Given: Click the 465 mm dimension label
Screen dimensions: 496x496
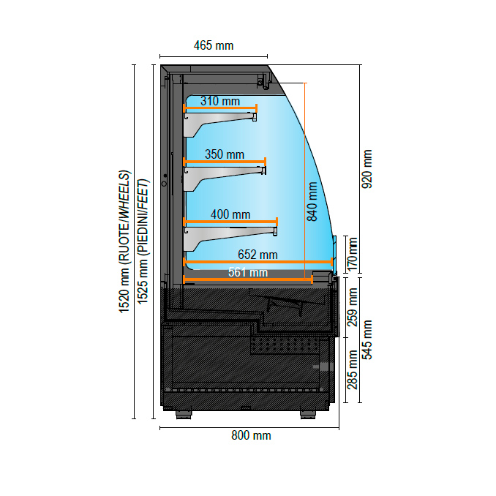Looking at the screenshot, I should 214,45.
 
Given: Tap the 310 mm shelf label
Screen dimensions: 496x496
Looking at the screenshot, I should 219,101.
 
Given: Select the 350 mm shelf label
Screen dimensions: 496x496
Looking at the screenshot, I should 224,154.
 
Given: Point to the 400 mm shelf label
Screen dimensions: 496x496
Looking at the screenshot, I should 230,214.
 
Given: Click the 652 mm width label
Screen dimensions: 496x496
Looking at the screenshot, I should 258,255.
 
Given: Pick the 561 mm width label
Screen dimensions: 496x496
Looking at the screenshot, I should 247,272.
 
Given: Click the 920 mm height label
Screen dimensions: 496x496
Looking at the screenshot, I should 367,169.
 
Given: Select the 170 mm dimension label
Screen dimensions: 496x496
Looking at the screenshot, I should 352,252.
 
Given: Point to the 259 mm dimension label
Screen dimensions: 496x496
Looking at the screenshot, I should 353,307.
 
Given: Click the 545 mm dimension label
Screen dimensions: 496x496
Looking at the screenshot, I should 367,340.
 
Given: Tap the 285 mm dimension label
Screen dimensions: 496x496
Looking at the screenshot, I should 353,370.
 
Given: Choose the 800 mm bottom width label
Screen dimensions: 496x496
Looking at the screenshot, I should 251,436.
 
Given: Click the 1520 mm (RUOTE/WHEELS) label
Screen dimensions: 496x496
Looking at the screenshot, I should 125,242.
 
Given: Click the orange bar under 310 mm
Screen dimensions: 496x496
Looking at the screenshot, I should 219,108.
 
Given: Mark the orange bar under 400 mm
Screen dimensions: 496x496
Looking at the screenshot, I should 230,221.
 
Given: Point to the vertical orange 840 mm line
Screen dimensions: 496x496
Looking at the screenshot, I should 305,183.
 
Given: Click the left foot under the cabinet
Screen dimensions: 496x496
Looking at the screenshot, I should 184,415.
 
